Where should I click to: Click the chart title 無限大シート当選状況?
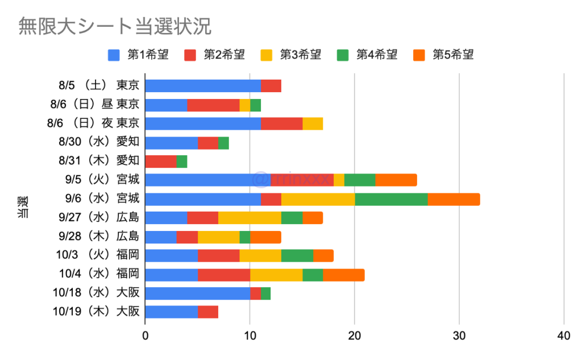(x=114, y=26)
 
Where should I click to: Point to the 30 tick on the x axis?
(x=459, y=337)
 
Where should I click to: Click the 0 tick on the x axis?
(x=145, y=337)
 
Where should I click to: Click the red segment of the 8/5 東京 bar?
(x=271, y=86)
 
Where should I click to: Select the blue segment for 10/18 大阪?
(x=198, y=293)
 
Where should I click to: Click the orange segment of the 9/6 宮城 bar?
(x=454, y=199)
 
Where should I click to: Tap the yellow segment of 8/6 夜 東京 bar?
(x=313, y=123)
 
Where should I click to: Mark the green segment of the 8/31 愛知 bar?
(x=182, y=161)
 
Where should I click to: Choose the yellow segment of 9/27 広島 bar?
(x=250, y=218)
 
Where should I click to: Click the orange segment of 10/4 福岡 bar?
(x=344, y=274)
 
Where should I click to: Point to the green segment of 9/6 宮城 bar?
(x=391, y=199)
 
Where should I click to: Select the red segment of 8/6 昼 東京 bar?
(x=213, y=105)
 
